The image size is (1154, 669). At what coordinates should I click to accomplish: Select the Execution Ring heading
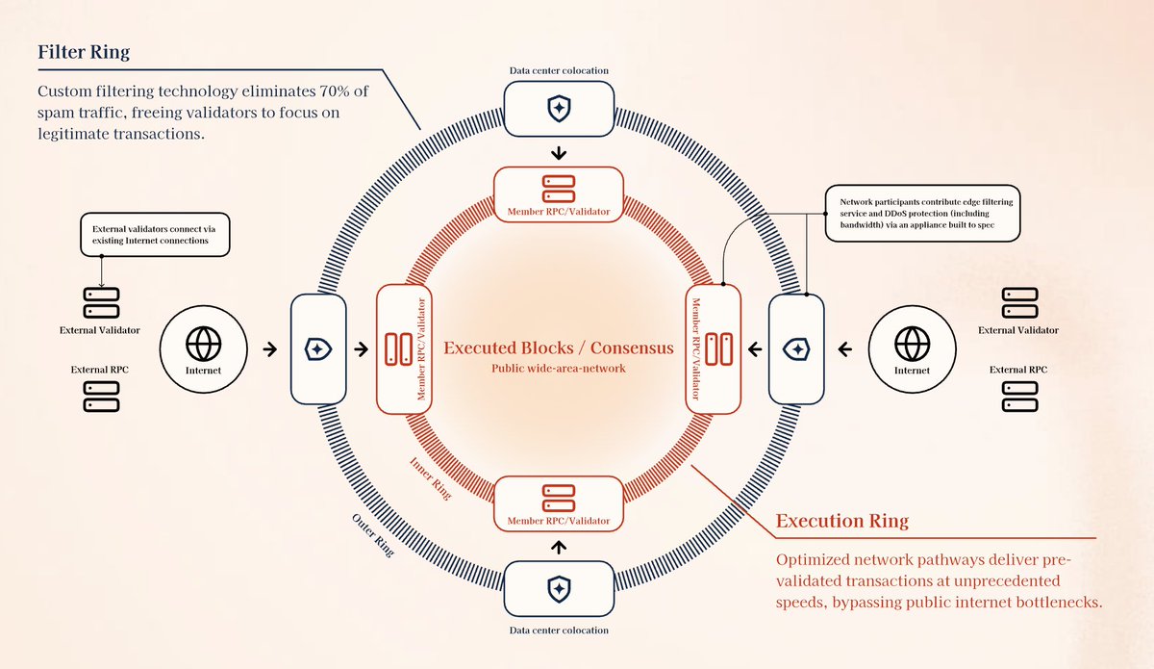tap(841, 522)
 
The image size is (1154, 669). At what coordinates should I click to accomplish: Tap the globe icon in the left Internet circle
tap(204, 342)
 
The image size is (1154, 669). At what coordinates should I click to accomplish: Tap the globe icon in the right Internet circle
tap(912, 342)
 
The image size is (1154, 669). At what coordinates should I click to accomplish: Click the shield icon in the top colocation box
tap(557, 109)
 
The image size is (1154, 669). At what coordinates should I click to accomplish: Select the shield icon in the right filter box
tap(796, 348)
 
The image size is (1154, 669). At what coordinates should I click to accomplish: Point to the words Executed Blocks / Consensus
tap(558, 347)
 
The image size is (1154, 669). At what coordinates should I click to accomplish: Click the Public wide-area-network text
tap(558, 369)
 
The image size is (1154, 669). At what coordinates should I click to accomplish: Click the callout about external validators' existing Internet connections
tap(155, 234)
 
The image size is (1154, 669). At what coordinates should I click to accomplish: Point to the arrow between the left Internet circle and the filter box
tap(271, 349)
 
